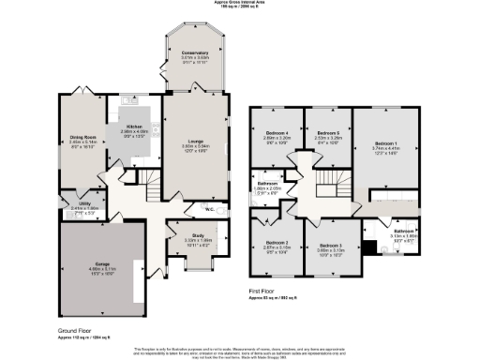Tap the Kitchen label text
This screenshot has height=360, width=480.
pyautogui.click(x=134, y=127)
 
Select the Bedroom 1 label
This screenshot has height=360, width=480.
pyautogui.click(x=385, y=142)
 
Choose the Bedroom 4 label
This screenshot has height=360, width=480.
pyautogui.click(x=277, y=133)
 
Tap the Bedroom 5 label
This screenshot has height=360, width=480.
pyautogui.click(x=327, y=133)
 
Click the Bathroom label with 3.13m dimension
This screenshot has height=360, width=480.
pyautogui.click(x=404, y=231)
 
